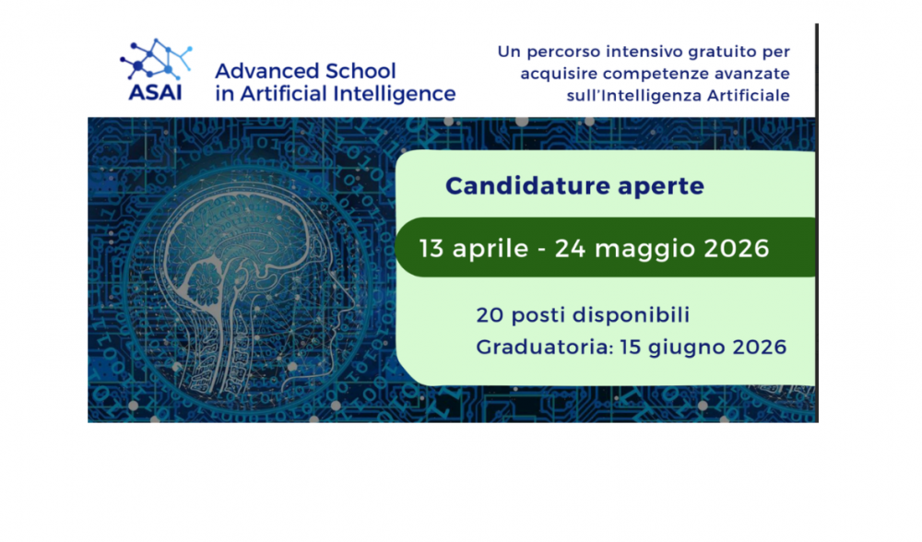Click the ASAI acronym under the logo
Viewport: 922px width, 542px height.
pos(155,93)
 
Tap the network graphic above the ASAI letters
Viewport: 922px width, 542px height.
pos(156,59)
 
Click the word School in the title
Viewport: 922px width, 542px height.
pos(361,71)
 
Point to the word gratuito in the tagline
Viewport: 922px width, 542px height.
pos(721,52)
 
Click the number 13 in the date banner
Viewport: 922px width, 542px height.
pos(431,249)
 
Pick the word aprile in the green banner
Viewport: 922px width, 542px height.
pos(491,249)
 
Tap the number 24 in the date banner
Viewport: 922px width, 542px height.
pos(571,249)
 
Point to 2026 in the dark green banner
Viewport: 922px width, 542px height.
pos(736,249)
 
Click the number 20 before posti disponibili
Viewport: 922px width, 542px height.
pos(490,315)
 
